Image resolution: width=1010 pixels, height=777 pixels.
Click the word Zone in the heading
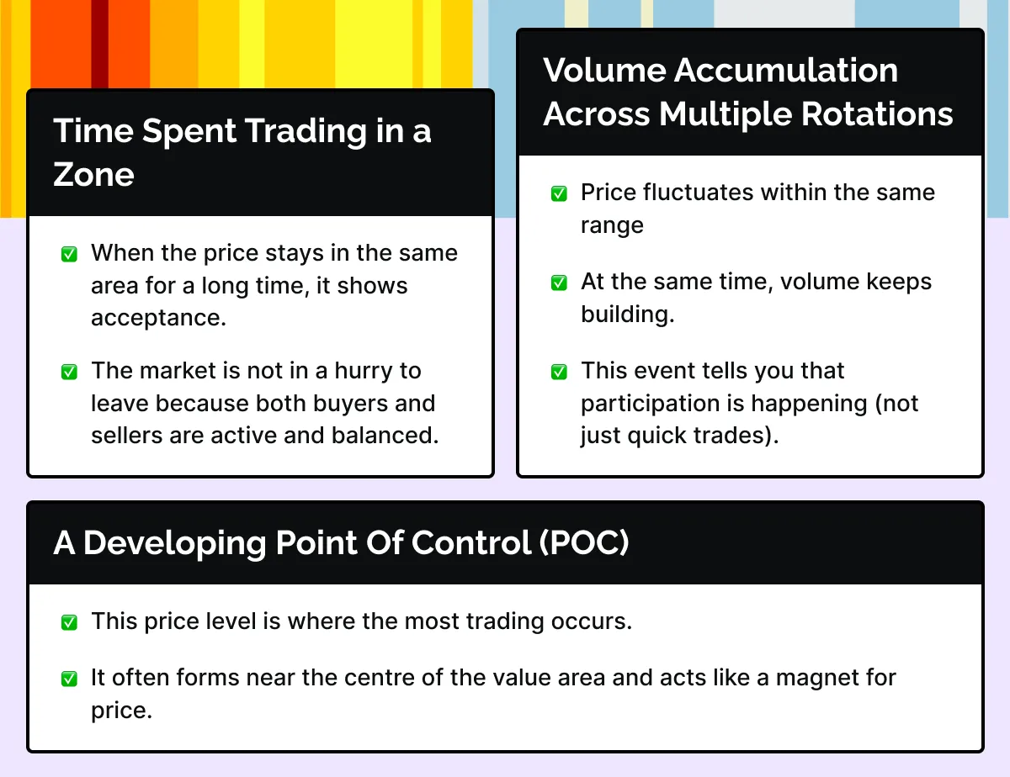pos(93,175)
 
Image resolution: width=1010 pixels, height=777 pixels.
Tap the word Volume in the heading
pos(604,71)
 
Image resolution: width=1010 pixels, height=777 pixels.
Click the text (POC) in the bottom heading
pos(584,542)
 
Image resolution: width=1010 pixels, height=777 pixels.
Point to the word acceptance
pos(158,318)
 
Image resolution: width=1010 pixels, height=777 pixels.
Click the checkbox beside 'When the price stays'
pos(69,254)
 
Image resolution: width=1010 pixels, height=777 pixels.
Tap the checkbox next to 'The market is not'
pos(69,372)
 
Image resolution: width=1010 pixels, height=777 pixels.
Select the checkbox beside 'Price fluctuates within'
pos(559,193)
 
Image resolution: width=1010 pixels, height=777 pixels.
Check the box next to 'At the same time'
pos(559,283)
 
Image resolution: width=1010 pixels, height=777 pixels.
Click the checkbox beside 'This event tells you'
pos(559,372)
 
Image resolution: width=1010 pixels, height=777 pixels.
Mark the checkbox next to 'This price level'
pos(69,622)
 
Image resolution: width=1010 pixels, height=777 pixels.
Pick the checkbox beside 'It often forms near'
pos(69,679)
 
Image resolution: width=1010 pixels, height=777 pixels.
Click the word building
pos(628,314)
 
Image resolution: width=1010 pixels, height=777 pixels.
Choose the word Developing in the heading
pos(174,543)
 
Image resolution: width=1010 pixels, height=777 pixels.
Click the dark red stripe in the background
pos(99,44)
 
